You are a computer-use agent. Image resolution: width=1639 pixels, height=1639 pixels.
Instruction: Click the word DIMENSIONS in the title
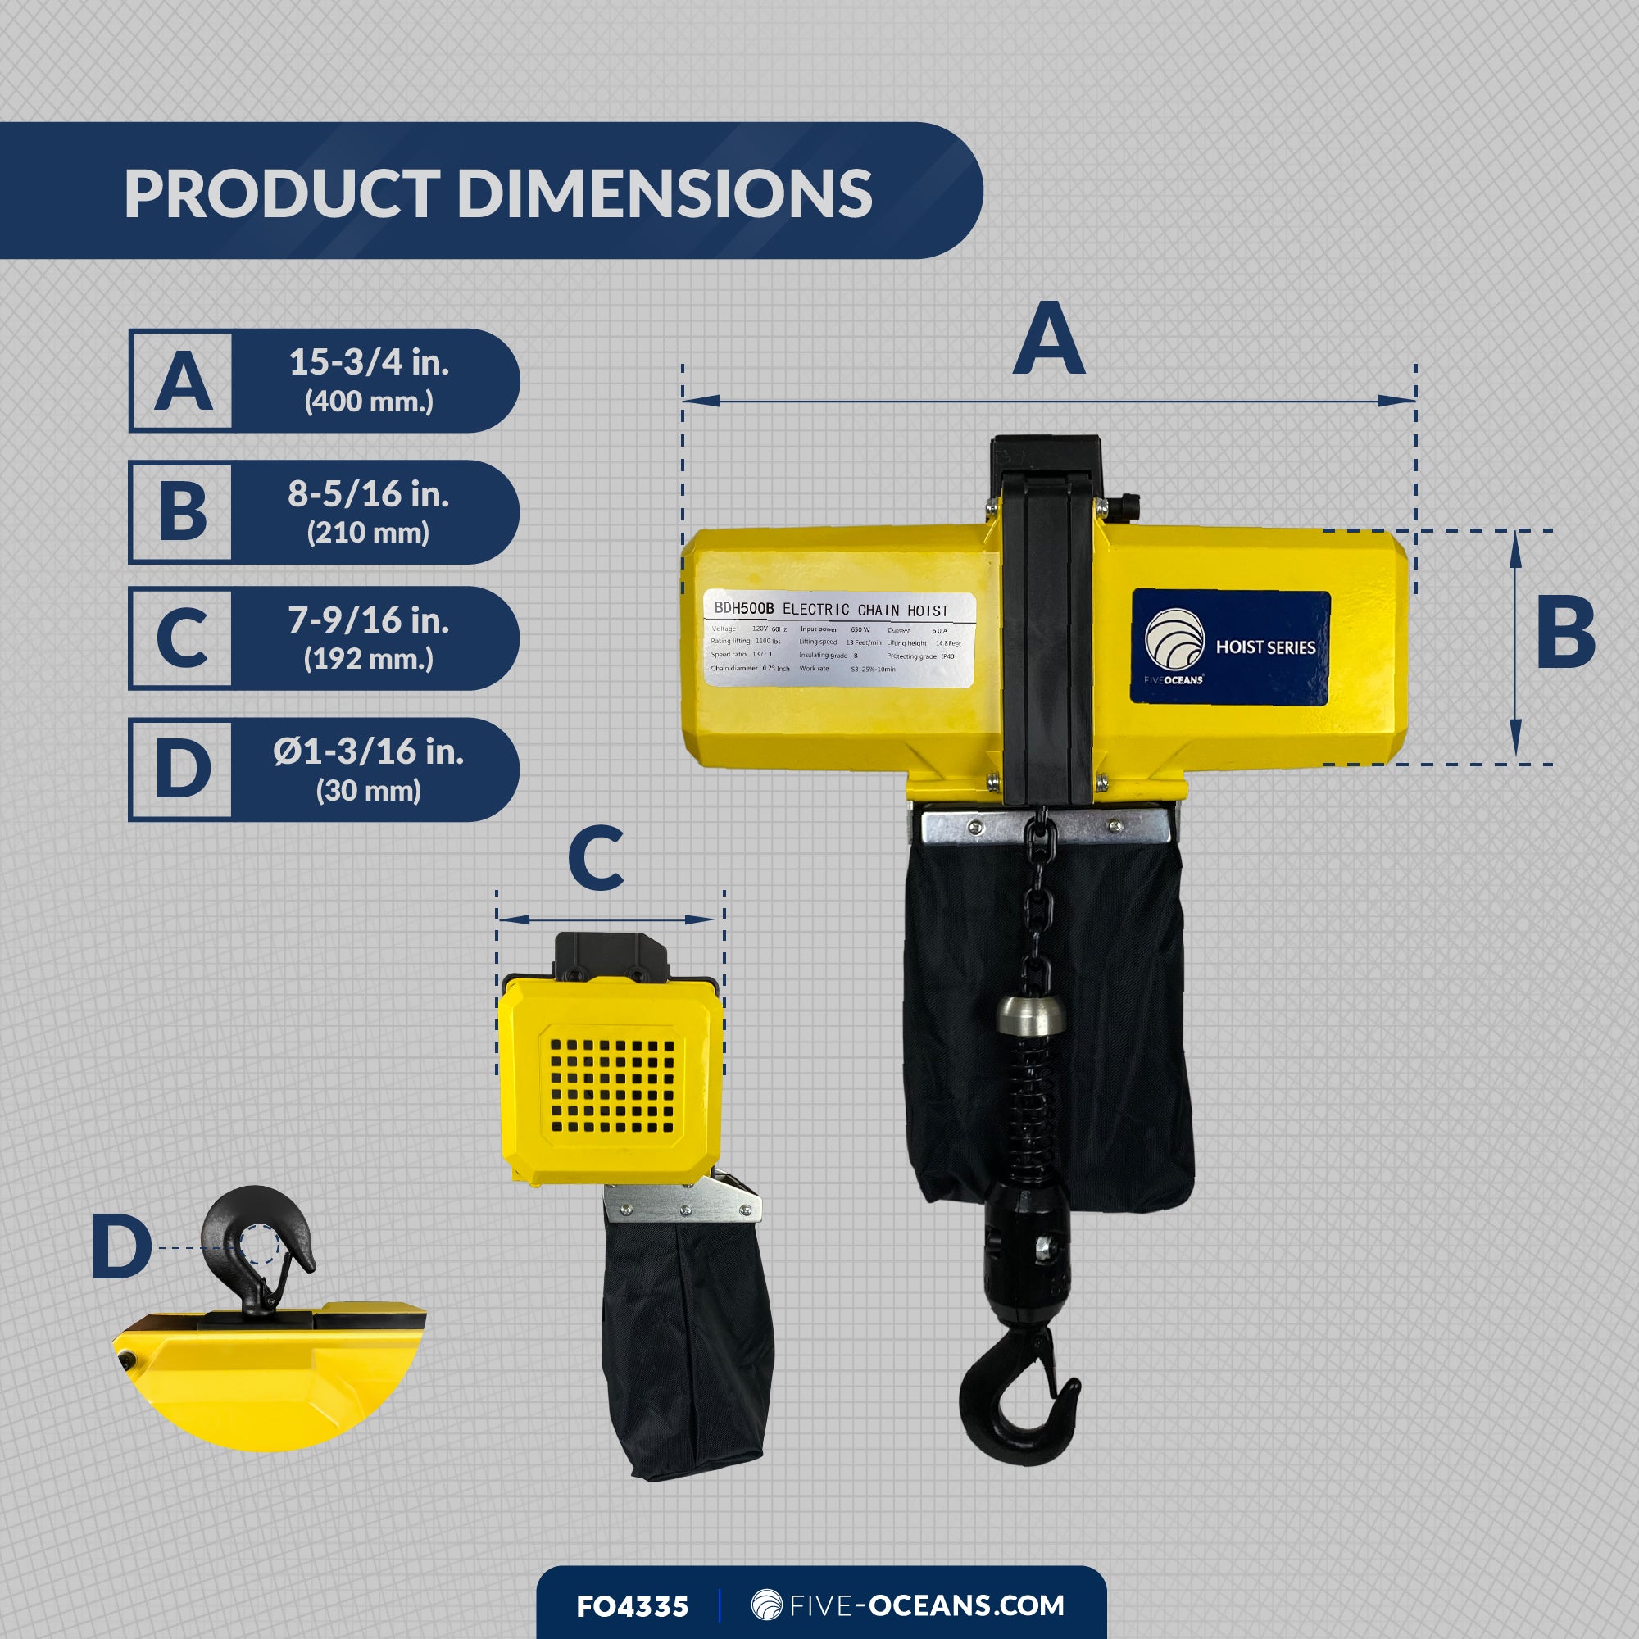[x=665, y=193]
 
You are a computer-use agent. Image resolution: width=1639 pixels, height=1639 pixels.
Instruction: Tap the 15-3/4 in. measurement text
[x=369, y=362]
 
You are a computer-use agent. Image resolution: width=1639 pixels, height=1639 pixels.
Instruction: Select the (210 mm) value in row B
[x=368, y=533]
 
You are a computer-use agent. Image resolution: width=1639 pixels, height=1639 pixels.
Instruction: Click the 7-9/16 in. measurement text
[x=369, y=620]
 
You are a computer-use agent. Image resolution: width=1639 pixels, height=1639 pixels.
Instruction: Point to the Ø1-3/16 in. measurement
[x=368, y=751]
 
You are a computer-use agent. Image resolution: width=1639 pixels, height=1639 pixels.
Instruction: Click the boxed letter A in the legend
[x=183, y=381]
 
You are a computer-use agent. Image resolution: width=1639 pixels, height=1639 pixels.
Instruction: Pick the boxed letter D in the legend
[x=183, y=769]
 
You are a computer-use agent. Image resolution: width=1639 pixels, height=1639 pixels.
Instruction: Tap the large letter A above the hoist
[x=1049, y=338]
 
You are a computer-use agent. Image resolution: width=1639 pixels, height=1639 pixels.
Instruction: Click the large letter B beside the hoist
[x=1565, y=632]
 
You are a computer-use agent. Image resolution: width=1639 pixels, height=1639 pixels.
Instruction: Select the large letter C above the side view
[x=596, y=859]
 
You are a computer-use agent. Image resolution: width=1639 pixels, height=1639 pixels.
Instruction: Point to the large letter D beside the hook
[x=120, y=1246]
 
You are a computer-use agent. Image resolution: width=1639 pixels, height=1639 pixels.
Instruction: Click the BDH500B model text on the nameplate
[x=743, y=608]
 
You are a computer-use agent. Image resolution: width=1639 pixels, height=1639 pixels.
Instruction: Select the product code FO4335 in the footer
[x=632, y=1606]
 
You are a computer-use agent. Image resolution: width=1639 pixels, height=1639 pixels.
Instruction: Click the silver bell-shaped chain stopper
[x=1031, y=1014]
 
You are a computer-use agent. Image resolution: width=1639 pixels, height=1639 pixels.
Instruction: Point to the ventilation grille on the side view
[x=611, y=1087]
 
